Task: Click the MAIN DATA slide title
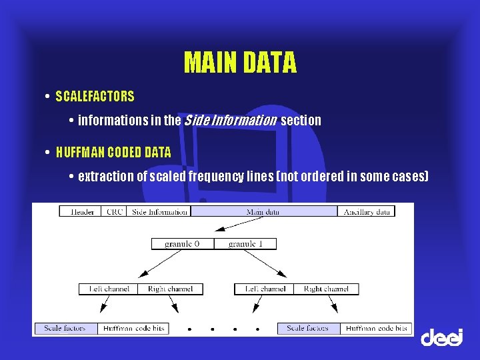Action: tap(240, 63)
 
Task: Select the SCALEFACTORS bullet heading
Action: tap(95, 97)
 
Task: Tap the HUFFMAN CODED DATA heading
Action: tap(113, 152)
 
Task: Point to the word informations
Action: tap(120, 121)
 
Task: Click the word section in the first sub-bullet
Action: tap(301, 121)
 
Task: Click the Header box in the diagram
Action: tap(81, 211)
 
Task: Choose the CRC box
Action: tap(114, 211)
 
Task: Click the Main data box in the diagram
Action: tap(264, 211)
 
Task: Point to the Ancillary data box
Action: tap(366, 211)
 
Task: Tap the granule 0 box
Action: tap(182, 244)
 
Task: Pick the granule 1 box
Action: tap(245, 244)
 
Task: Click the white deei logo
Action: tap(441, 337)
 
